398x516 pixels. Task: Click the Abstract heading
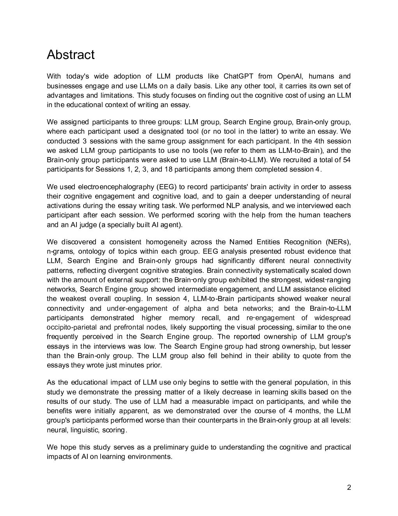click(71, 55)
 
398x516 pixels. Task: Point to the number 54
click(346, 160)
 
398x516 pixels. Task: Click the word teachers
click(338, 215)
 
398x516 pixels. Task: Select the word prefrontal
click(128, 327)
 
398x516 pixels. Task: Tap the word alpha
click(193, 308)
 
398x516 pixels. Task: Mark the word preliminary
click(171, 447)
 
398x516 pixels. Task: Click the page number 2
click(349, 487)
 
